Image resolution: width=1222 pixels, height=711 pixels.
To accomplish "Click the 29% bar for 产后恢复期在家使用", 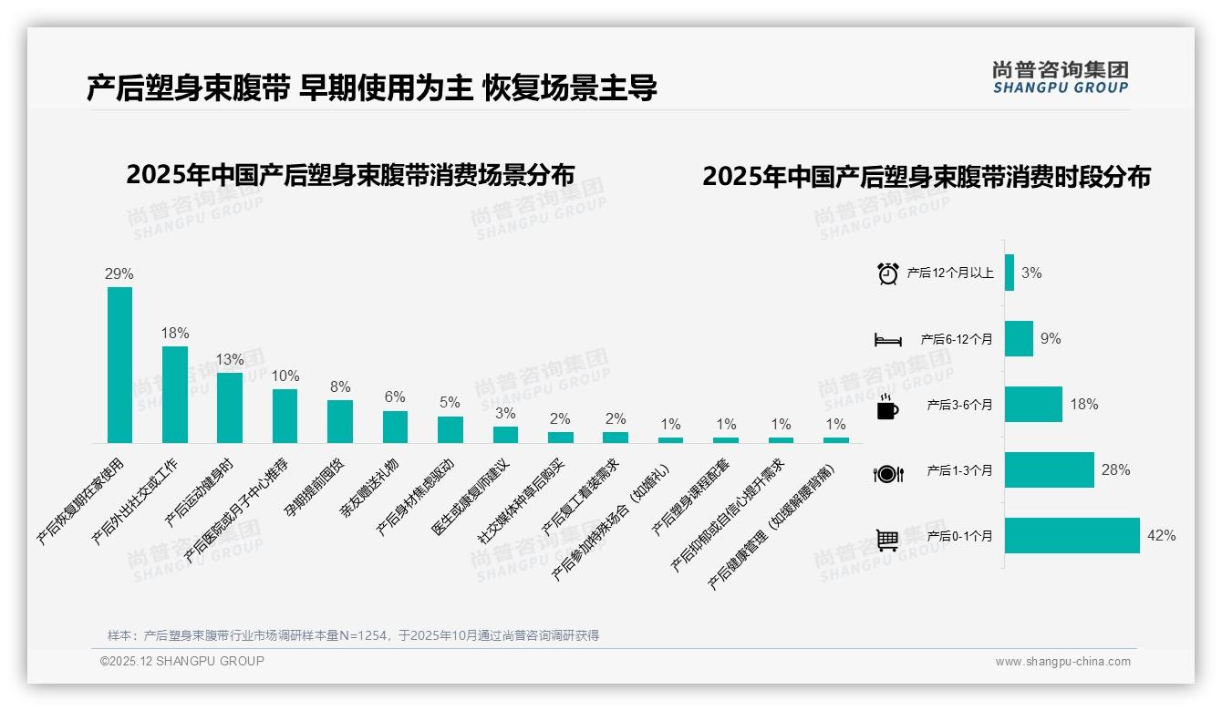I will pos(119,365).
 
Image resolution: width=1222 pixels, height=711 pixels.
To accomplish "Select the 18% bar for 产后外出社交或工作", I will pos(175,395).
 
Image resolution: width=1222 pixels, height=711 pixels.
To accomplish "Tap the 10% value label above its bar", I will pos(285,376).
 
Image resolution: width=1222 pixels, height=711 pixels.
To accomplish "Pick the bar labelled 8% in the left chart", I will pos(340,421).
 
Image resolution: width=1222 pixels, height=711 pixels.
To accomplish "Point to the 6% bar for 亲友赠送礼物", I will pos(395,427).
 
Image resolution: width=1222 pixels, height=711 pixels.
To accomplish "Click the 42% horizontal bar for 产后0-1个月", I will pos(1072,536).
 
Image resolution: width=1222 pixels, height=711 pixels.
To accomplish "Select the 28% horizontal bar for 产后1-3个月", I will pos(1050,470).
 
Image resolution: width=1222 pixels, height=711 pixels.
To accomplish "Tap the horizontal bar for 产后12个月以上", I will pos(1010,273).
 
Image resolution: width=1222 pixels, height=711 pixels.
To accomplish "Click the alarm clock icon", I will pos(887,273).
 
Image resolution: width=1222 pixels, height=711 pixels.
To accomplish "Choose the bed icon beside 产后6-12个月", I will pos(887,340).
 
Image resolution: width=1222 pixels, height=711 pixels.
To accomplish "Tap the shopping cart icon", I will pos(887,540).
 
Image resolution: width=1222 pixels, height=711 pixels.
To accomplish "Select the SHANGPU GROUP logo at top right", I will pos(1060,77).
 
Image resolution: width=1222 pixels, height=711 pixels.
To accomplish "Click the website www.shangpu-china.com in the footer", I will pos(1062,662).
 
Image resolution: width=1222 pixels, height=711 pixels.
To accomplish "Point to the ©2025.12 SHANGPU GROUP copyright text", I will pos(182,661).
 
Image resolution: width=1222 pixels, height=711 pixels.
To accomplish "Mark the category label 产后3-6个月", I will pos(959,405).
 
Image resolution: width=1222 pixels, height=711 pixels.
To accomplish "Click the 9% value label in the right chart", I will pos(1051,339).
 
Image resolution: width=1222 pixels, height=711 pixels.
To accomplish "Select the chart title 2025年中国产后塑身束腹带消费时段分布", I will pos(926,177).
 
